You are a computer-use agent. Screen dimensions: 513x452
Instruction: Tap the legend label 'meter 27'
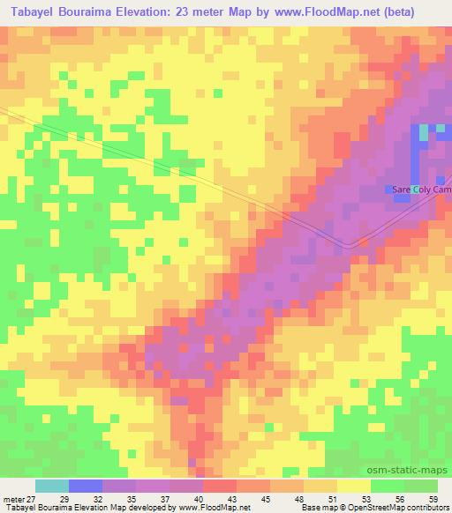pos(19,498)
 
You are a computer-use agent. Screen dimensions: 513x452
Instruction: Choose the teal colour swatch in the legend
pos(51,486)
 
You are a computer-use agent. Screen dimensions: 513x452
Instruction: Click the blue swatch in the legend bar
pos(85,486)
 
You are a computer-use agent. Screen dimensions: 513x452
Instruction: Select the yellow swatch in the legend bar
pos(353,486)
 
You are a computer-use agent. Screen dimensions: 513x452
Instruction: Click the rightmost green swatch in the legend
pos(420,486)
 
